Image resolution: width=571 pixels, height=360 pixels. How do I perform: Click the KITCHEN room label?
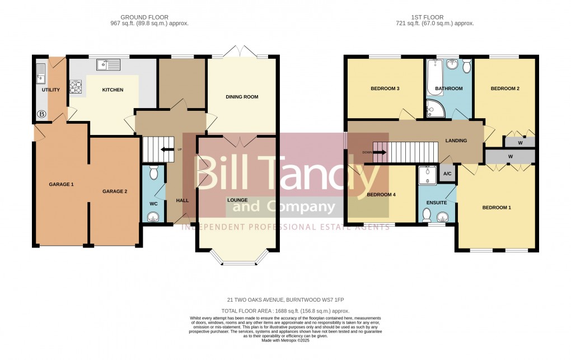coord(113,90)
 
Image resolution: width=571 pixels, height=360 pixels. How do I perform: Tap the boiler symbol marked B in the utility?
coord(41,114)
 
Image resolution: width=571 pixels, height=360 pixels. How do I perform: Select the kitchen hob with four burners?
coord(76,87)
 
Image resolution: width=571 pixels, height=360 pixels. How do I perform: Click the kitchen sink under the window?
coord(108,66)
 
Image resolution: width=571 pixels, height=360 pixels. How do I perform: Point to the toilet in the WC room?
coord(154,172)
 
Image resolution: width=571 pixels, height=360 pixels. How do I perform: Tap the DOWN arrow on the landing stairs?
coord(380,151)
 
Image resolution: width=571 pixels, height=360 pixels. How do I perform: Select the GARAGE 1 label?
coord(61,184)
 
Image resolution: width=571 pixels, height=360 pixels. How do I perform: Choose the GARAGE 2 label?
coord(115,191)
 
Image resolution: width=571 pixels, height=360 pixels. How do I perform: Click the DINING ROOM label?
coord(242,97)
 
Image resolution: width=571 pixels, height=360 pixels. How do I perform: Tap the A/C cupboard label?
coord(447,174)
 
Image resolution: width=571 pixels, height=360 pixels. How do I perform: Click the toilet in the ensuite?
coord(427,214)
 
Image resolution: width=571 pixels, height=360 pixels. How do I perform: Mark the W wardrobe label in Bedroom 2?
coord(520,143)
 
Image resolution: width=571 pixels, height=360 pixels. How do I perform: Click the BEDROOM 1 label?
coord(497,208)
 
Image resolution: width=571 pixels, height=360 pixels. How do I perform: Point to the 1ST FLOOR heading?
coord(435,16)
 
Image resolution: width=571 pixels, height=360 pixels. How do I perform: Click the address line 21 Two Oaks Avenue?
coord(285,300)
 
